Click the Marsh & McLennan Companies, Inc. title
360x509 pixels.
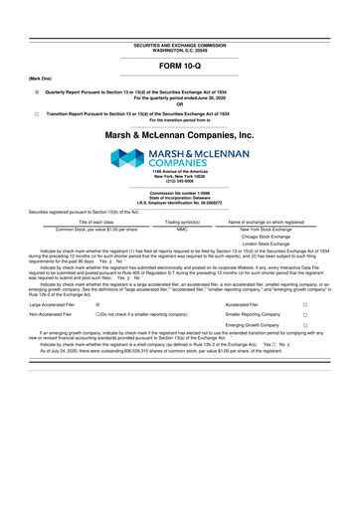tap(179, 132)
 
